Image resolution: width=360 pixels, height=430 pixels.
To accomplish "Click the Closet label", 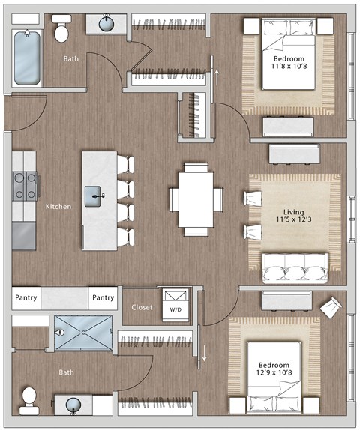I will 141,307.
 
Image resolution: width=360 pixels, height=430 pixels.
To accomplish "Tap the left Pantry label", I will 26,298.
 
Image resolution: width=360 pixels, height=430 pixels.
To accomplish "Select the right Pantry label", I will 103,298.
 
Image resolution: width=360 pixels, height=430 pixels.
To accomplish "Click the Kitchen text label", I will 58,206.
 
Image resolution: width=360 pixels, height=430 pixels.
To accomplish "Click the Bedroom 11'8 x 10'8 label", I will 289,63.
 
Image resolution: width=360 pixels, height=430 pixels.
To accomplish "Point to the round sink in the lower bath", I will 74,405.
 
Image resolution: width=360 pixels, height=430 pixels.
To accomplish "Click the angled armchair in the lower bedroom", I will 331,305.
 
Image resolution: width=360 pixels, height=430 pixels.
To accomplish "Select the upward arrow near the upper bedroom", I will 217,74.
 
